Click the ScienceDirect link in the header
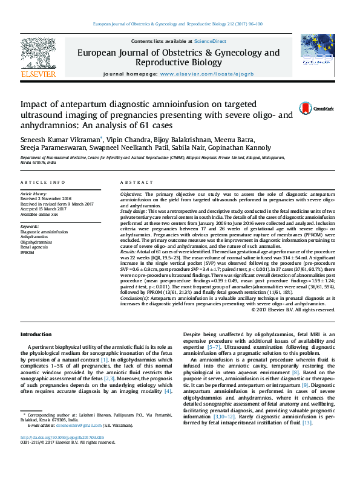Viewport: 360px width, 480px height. (211, 41)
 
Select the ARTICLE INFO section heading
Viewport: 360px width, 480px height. (42, 182)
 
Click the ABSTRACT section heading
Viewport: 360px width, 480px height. (133, 182)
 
